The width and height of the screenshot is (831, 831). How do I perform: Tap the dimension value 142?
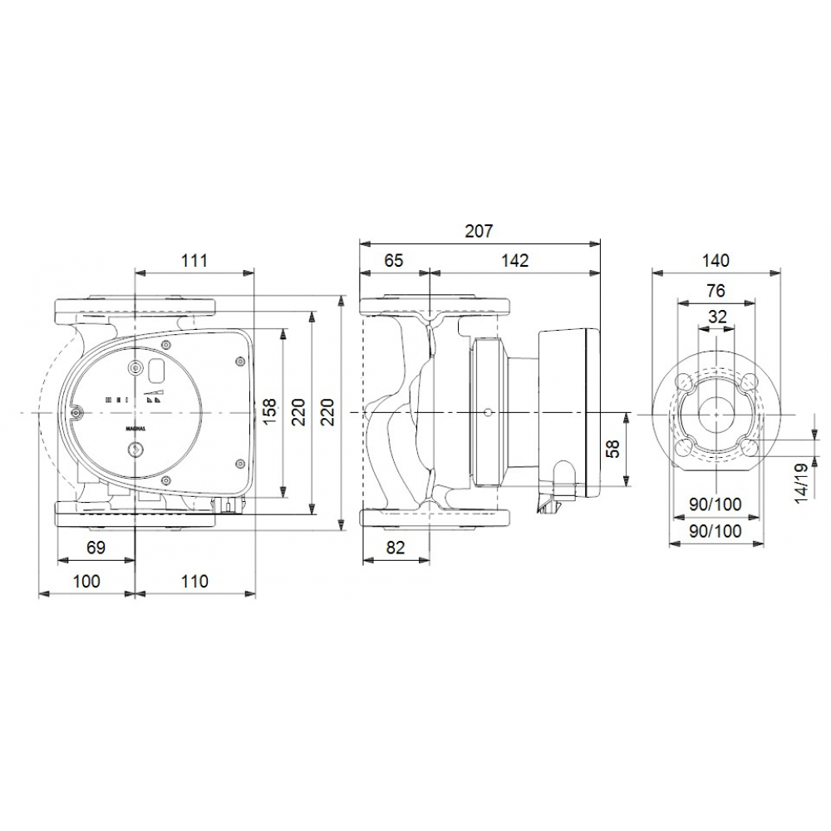(x=515, y=260)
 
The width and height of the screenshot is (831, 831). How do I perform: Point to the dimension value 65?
(x=393, y=260)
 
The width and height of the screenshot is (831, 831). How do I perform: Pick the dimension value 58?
(x=613, y=449)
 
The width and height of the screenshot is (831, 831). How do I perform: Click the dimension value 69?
(x=96, y=548)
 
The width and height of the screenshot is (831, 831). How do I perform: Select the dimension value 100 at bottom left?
(x=86, y=581)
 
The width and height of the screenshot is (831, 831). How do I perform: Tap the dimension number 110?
(x=194, y=581)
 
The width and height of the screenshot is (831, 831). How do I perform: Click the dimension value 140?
(x=715, y=260)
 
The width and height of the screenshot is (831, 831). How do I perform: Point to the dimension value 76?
(x=715, y=290)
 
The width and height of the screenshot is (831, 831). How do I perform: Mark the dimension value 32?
(x=715, y=317)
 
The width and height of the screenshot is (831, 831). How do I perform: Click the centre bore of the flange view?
(x=715, y=413)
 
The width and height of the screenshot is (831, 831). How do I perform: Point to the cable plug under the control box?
(x=229, y=504)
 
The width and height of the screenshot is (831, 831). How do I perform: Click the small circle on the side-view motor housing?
(x=484, y=413)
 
